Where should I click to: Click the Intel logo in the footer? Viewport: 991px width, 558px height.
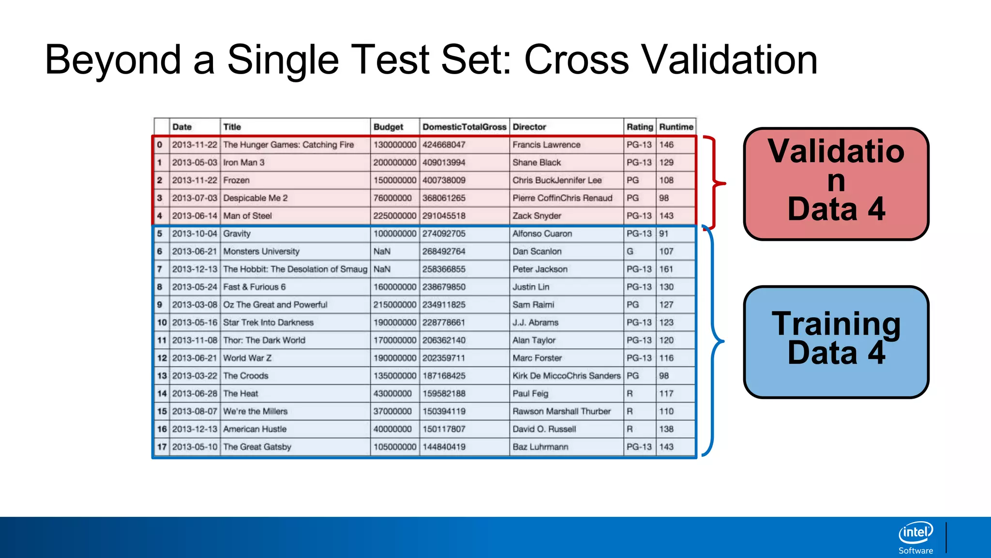916,533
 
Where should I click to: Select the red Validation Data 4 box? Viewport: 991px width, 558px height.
836,184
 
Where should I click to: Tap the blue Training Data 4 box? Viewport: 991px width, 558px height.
836,341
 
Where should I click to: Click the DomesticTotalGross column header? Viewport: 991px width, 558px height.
464,127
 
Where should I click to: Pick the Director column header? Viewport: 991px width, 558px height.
529,127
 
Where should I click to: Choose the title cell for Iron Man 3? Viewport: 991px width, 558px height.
244,162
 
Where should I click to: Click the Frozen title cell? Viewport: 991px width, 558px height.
237,180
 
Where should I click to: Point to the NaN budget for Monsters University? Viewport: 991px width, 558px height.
382,251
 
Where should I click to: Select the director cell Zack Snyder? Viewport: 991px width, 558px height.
537,216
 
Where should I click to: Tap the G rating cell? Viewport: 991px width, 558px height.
630,251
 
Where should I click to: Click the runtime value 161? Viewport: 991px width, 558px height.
666,269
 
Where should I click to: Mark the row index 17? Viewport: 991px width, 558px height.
162,447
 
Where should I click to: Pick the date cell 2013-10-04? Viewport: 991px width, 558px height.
195,233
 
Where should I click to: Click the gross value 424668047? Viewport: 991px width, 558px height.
444,144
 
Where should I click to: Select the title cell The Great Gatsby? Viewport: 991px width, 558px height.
257,447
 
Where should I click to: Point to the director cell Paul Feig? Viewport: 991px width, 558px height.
530,393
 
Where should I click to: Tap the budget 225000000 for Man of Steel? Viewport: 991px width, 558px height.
394,216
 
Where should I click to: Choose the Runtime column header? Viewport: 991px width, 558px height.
676,127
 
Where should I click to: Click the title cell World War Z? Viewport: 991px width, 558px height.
247,358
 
